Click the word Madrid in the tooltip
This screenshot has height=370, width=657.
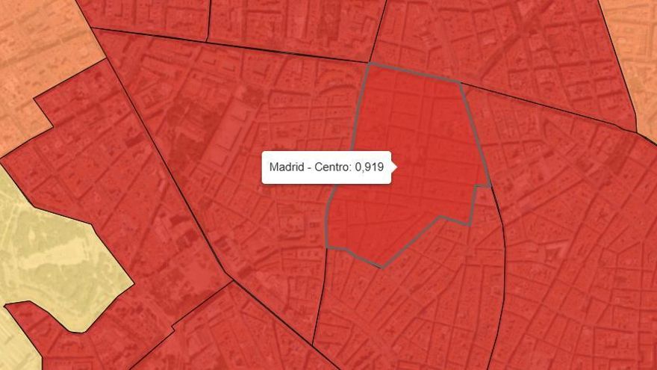click(x=287, y=167)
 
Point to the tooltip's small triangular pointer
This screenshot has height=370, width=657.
click(x=394, y=167)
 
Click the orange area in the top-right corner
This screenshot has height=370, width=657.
click(x=635, y=45)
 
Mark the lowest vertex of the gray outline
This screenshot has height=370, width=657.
click(x=382, y=267)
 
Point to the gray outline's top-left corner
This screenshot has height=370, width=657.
click(x=368, y=65)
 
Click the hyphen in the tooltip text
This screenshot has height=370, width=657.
click(x=308, y=168)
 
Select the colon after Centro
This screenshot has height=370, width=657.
click(x=351, y=168)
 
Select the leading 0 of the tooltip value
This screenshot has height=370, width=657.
click(x=358, y=167)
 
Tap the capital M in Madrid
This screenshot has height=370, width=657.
click(x=274, y=167)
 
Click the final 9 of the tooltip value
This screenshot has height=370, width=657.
click(x=380, y=167)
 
